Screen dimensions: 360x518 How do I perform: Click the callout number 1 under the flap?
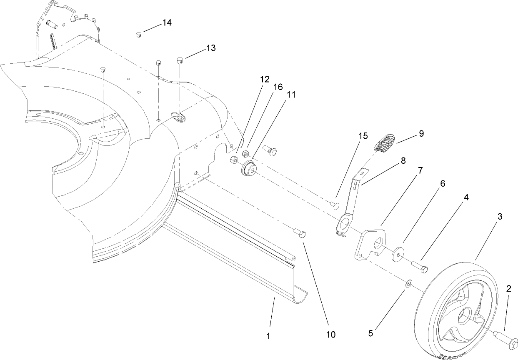click(269, 335)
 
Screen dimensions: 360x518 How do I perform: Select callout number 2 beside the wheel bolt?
click(508, 289)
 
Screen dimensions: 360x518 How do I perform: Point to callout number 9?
click(421, 133)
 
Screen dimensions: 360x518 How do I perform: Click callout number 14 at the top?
click(167, 23)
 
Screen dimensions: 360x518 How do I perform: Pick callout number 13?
click(211, 48)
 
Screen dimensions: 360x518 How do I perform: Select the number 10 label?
click(331, 334)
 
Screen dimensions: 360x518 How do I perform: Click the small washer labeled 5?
click(409, 284)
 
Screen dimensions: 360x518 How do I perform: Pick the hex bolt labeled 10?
click(300, 232)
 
